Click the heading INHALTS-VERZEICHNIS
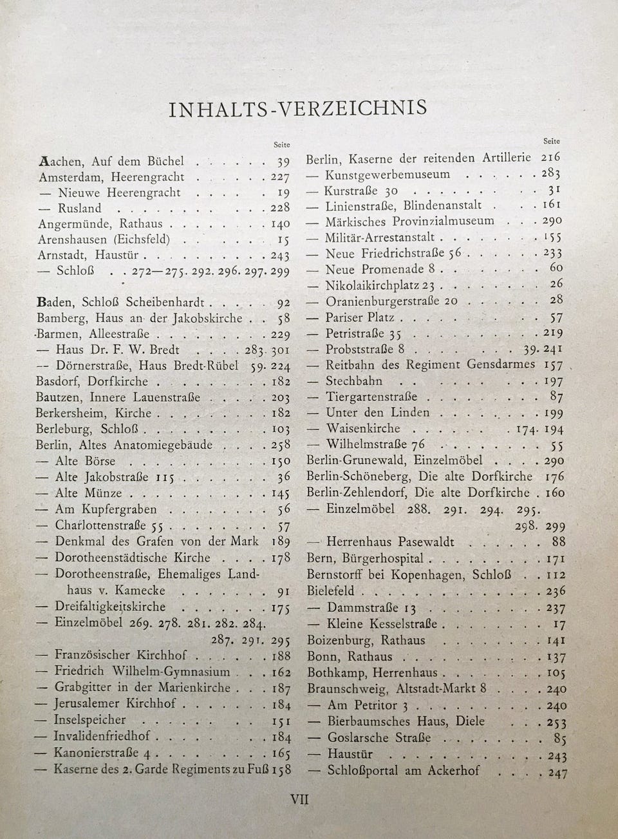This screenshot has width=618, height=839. coord(297,108)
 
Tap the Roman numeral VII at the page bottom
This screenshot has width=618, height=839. coord(300,800)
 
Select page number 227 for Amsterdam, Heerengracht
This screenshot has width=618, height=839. coord(279,177)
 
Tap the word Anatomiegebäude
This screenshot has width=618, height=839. coord(162,445)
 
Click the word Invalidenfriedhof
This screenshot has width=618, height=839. coord(102,736)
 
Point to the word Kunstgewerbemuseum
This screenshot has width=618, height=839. coord(388,174)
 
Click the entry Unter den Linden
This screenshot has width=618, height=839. coord(377,413)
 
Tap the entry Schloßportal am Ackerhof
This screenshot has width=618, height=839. coord(404,770)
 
